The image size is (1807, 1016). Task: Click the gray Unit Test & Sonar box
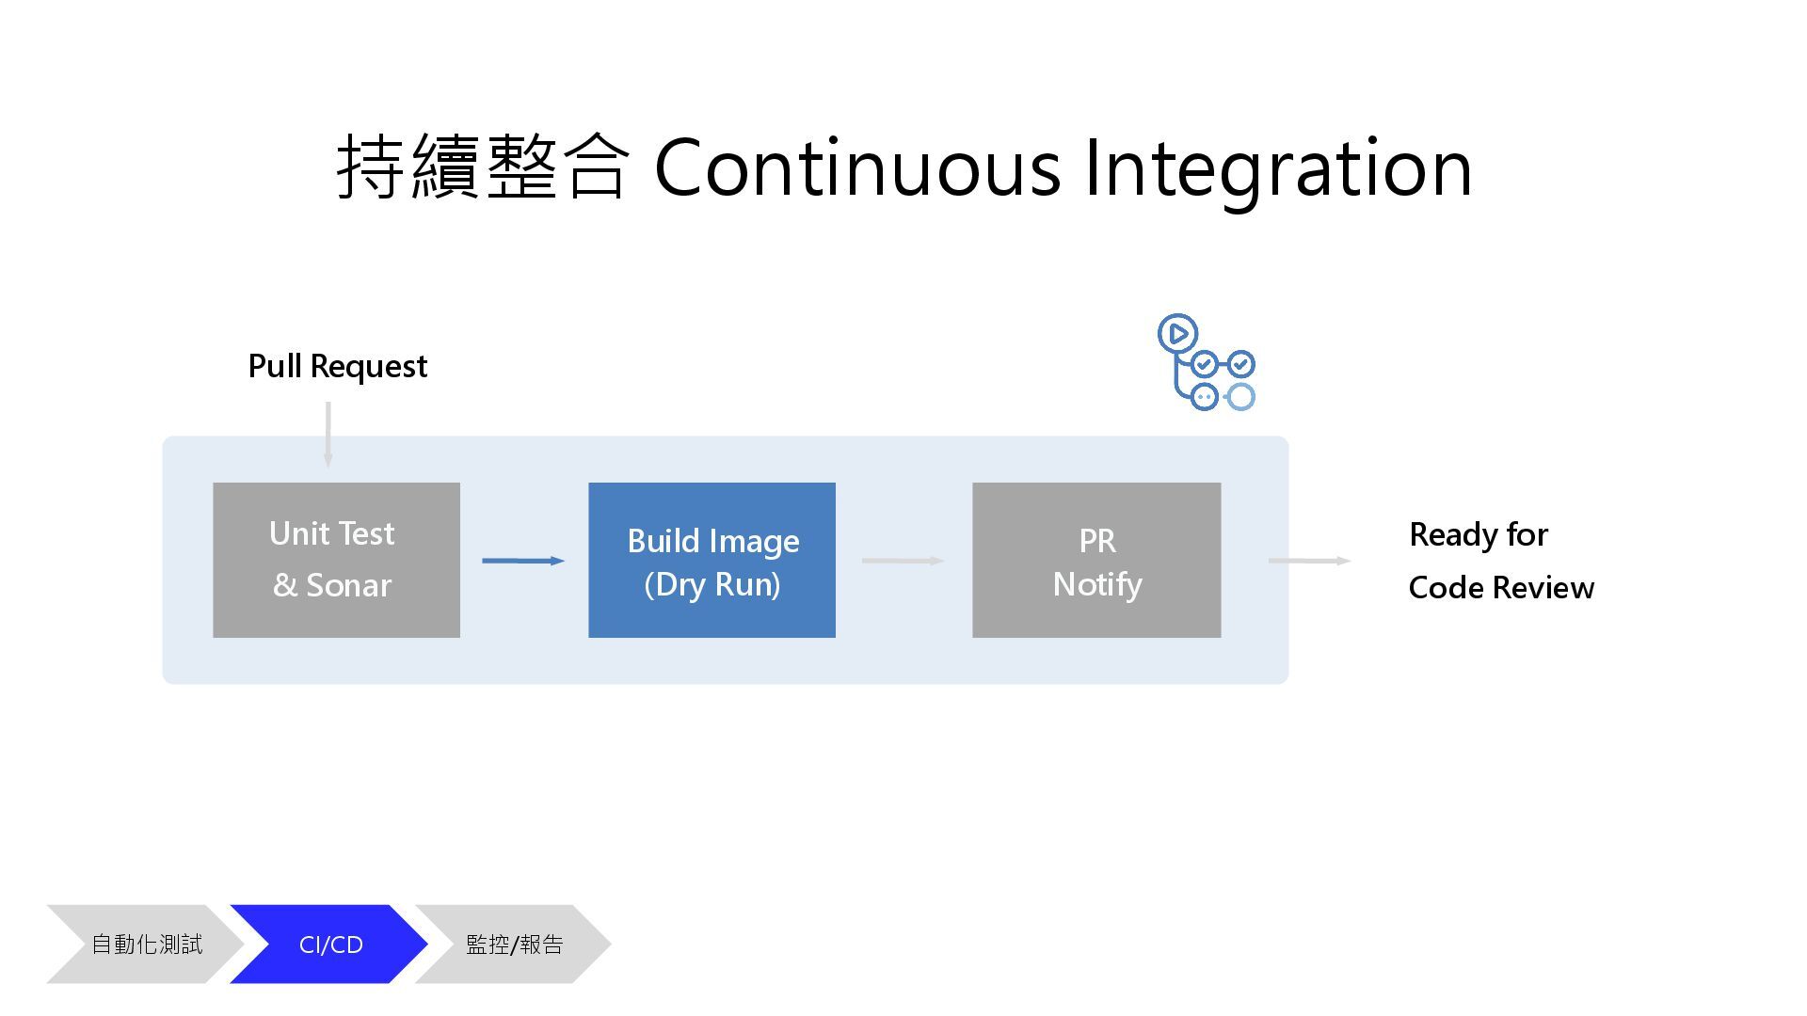click(x=336, y=560)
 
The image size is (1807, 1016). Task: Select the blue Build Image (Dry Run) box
click(x=712, y=560)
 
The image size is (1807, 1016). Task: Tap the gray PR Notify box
click(x=1096, y=560)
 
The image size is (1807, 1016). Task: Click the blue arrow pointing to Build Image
click(x=523, y=561)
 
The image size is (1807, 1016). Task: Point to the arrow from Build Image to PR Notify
click(x=903, y=561)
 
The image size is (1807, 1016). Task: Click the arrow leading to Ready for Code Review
click(x=1309, y=561)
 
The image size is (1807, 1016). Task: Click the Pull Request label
click(x=337, y=366)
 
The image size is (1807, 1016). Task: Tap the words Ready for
click(x=1478, y=534)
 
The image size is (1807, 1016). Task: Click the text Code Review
click(x=1501, y=588)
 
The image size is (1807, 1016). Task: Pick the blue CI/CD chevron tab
click(x=330, y=945)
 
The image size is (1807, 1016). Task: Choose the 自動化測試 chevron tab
click(x=146, y=945)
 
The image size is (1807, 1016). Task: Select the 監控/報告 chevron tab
click(x=514, y=945)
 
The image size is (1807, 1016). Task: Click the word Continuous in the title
click(x=857, y=168)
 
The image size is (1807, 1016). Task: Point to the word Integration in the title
click(x=1278, y=168)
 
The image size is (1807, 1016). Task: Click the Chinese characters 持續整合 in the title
click(x=482, y=167)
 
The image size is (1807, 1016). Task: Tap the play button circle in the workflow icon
click(x=1177, y=334)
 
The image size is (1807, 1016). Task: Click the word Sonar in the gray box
click(x=348, y=585)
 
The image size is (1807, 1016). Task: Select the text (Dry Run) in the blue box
click(x=712, y=584)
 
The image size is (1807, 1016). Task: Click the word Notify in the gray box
click(x=1097, y=584)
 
